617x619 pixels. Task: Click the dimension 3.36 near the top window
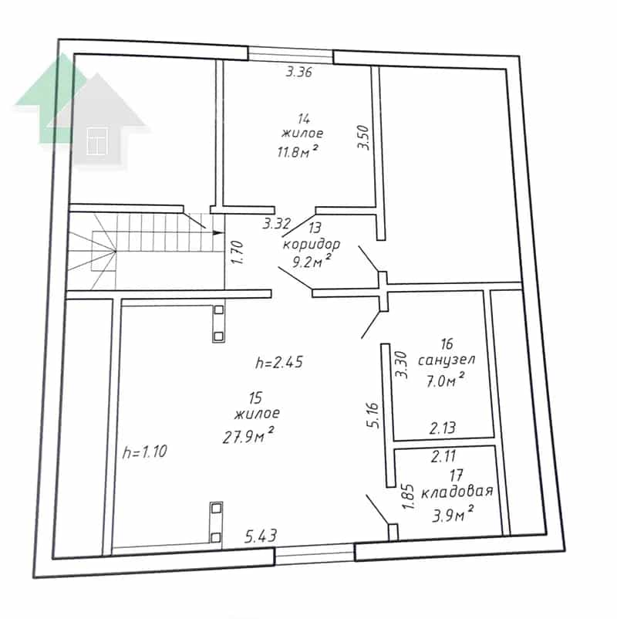pyautogui.click(x=299, y=73)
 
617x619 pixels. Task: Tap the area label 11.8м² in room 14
pyautogui.click(x=298, y=151)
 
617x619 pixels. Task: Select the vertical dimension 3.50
pyautogui.click(x=363, y=137)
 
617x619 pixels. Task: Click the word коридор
pyautogui.click(x=312, y=245)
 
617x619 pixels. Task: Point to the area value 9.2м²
pyautogui.click(x=312, y=261)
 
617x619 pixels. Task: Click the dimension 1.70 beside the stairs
pyautogui.click(x=238, y=252)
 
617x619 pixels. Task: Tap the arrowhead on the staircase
pyautogui.click(x=217, y=232)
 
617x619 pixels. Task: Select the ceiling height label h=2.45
pyautogui.click(x=279, y=362)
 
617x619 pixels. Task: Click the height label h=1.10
pyautogui.click(x=145, y=452)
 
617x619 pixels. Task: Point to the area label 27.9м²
pyautogui.click(x=248, y=435)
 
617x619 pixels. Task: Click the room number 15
pyautogui.click(x=255, y=397)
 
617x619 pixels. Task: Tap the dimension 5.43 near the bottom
pyautogui.click(x=261, y=536)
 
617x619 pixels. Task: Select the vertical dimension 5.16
pyautogui.click(x=373, y=415)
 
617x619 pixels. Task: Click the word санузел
pyautogui.click(x=447, y=360)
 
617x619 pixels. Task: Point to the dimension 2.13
pyautogui.click(x=443, y=428)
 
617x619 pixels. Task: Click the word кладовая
pyautogui.click(x=457, y=492)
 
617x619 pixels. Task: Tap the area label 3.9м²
pyautogui.click(x=453, y=515)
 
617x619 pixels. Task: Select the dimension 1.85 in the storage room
pyautogui.click(x=408, y=496)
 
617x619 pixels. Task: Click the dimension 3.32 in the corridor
pyautogui.click(x=277, y=224)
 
